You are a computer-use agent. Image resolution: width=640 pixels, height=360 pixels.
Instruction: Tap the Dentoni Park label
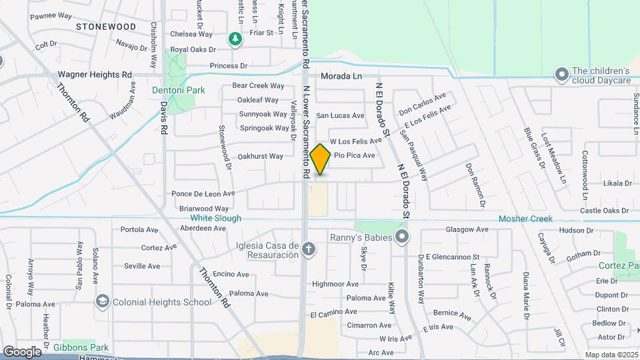point(178,90)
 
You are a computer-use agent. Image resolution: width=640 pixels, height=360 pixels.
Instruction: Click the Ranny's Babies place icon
point(402,237)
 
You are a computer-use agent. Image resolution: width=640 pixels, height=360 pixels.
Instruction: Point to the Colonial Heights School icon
point(102,302)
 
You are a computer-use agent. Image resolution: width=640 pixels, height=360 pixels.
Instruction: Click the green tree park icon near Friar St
point(235,39)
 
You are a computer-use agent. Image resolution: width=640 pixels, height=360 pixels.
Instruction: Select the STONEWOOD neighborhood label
point(105,27)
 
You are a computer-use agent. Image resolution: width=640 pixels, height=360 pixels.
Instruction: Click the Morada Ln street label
point(341,76)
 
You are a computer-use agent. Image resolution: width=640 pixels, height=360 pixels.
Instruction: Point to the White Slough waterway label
point(215,218)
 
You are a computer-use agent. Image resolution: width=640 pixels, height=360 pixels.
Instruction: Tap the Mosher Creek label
point(526,219)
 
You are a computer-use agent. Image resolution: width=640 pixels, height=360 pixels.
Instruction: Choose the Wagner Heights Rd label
point(95,75)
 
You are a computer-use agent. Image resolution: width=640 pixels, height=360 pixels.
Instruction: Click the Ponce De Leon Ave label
point(203,194)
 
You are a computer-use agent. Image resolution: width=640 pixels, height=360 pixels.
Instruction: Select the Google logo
point(22,351)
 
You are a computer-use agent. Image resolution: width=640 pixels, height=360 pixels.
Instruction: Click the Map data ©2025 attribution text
point(611,355)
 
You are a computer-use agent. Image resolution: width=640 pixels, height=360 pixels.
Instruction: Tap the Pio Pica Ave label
point(354,155)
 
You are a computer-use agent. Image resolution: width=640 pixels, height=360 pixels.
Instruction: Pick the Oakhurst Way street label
point(260,157)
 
